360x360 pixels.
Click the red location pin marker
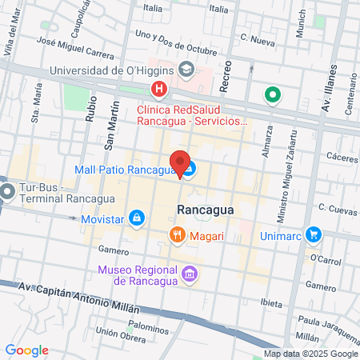click(180, 163)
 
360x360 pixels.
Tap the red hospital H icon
click(160, 90)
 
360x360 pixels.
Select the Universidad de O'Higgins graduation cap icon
click(186, 70)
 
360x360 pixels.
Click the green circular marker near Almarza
click(273, 95)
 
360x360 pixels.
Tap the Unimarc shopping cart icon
click(314, 234)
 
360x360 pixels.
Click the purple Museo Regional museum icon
click(189, 274)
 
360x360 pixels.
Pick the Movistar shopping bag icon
click(138, 218)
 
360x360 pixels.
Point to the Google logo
click(27, 350)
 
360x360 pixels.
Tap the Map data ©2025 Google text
click(311, 354)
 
